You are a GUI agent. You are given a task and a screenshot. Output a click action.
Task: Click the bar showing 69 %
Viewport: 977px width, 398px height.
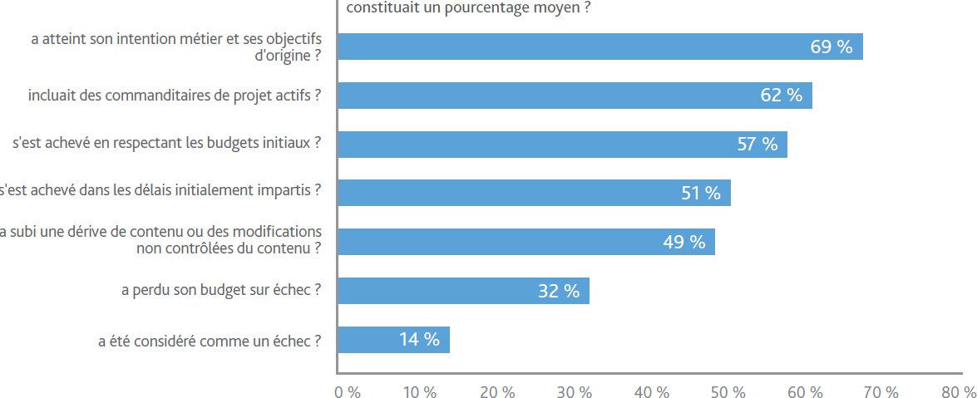point(600,47)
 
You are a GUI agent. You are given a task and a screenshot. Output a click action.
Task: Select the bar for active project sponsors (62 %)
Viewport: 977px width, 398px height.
point(575,96)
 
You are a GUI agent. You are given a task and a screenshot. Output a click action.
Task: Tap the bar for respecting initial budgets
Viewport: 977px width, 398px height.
point(562,145)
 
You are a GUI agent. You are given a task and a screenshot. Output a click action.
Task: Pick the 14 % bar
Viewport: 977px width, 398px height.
point(393,340)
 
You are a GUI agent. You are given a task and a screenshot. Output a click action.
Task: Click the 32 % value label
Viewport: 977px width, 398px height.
point(559,291)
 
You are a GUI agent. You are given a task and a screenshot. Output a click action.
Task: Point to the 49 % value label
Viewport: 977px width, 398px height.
point(684,242)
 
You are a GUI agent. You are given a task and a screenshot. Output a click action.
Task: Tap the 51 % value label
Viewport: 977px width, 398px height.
point(701,193)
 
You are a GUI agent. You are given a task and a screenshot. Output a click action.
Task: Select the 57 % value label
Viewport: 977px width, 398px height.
point(757,145)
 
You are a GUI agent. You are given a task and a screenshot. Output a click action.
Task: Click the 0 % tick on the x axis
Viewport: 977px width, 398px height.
point(348,392)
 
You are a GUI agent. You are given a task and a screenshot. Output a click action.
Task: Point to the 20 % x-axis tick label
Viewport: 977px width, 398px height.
point(497,392)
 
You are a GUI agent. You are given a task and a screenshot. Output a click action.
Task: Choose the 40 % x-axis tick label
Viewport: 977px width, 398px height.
point(652,392)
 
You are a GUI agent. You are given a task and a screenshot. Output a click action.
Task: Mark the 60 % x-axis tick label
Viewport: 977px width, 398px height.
point(805,392)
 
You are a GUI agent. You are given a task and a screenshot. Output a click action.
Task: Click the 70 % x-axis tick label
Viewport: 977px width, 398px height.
point(881,392)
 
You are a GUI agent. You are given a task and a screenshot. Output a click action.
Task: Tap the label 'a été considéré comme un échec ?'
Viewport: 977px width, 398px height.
point(210,341)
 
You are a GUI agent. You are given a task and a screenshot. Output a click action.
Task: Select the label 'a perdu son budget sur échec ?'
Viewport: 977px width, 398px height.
point(222,290)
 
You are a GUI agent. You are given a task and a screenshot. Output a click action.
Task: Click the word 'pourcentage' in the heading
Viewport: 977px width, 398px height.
point(485,8)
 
